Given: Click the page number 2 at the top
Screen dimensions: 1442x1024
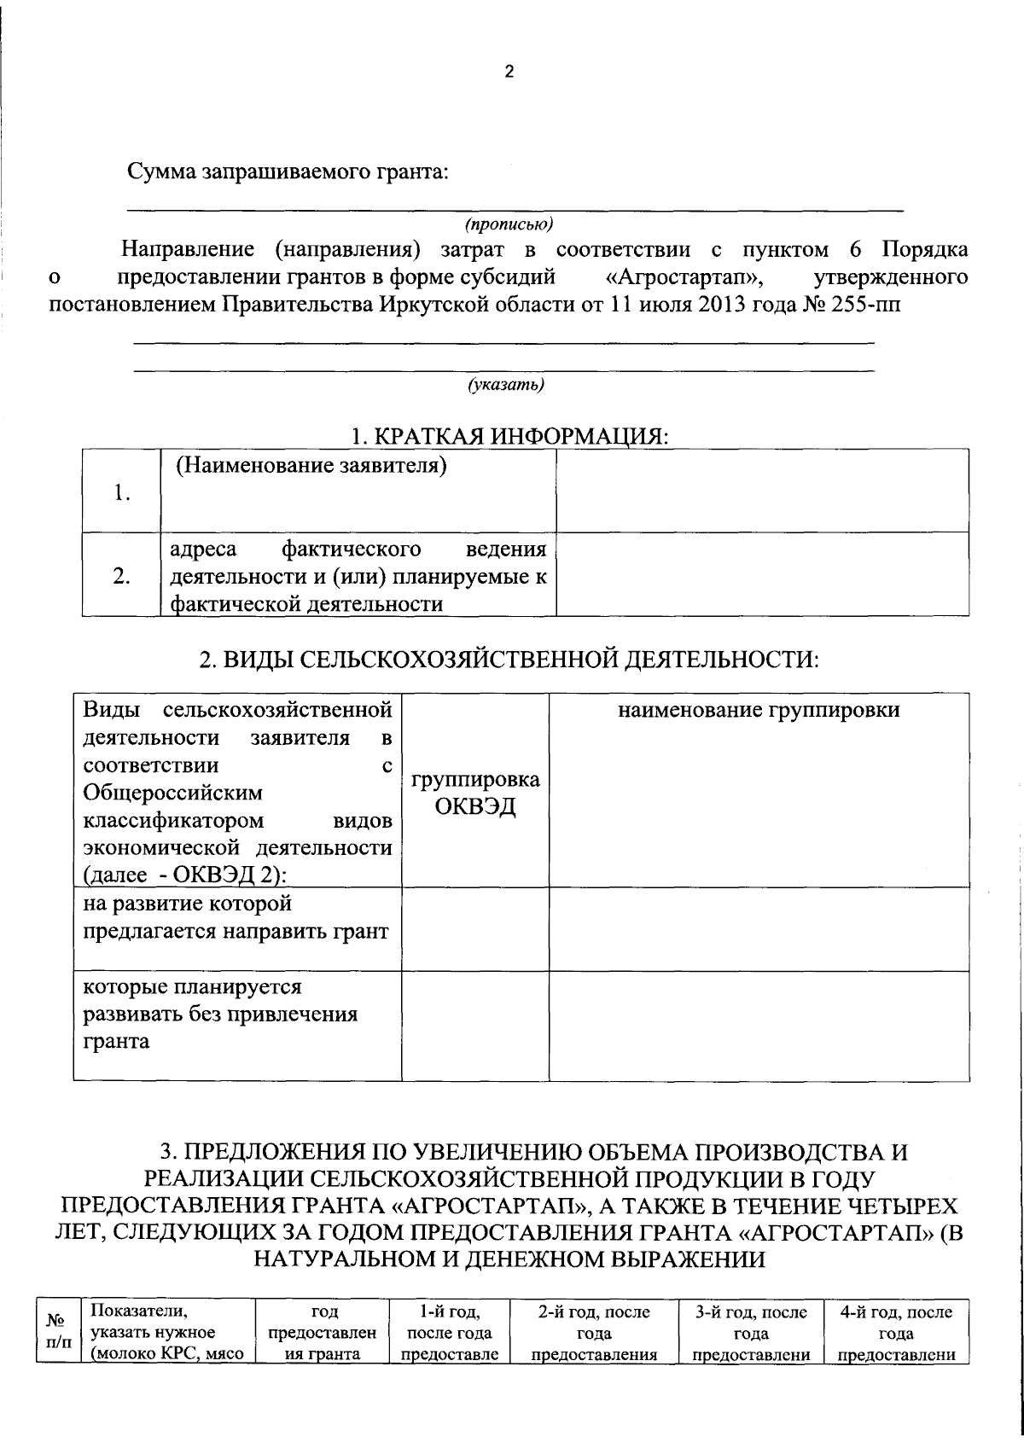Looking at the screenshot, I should click(x=509, y=73).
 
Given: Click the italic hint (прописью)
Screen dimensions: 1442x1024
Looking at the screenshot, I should click(x=509, y=224).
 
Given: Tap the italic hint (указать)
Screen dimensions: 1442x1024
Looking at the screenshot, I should click(x=506, y=385).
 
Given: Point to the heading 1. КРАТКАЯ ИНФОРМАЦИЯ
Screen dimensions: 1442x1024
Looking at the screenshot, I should click(x=509, y=436).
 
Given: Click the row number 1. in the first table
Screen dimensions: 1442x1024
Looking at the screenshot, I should click(x=122, y=493).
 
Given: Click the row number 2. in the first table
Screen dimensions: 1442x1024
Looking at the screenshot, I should click(x=122, y=576).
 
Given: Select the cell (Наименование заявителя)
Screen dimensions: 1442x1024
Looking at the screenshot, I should click(x=312, y=467).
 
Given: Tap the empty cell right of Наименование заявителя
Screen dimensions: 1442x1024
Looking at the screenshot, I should click(x=762, y=491).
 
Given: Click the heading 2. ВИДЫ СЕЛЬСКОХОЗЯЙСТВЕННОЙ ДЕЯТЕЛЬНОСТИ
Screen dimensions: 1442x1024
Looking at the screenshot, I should click(x=509, y=660).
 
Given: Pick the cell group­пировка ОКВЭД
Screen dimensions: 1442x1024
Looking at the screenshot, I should click(x=475, y=794).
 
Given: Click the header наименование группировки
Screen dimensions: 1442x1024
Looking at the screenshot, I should click(x=759, y=711).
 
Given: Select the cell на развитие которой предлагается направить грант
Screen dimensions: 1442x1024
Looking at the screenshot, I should click(x=236, y=917).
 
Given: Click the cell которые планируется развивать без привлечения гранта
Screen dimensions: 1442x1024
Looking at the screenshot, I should click(x=219, y=1015).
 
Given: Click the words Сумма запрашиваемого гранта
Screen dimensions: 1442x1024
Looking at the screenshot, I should click(x=288, y=172).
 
